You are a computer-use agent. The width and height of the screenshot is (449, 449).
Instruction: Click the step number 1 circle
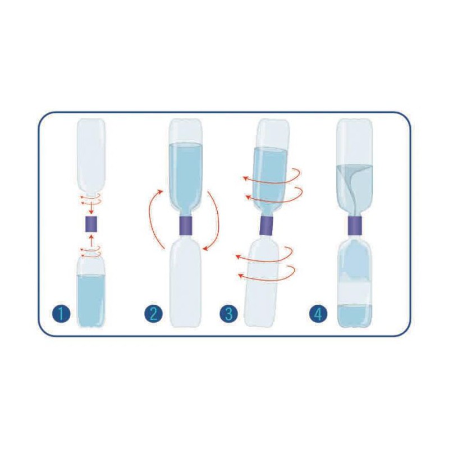tap(61, 314)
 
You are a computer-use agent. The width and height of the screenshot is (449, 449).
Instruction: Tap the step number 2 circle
tap(153, 314)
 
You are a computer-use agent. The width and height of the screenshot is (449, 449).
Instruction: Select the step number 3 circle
tap(229, 314)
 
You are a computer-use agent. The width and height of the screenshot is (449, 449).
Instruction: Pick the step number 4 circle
tap(318, 314)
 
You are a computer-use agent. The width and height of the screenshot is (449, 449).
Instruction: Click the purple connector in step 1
tap(91, 224)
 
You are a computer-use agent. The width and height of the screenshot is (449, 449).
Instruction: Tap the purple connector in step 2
tap(186, 226)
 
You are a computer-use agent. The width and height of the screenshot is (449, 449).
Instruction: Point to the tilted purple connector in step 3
tap(266, 226)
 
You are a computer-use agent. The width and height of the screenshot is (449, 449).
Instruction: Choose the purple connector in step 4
tap(355, 225)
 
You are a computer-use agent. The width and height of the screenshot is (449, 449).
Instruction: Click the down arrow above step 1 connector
tap(91, 208)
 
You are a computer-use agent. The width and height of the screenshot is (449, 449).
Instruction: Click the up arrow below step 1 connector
tap(91, 241)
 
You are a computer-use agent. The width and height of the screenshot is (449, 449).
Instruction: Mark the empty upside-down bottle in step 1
tap(91, 158)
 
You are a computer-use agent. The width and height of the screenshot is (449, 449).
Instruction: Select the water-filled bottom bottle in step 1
tap(91, 292)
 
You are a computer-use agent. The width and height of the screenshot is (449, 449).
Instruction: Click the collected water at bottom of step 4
tap(355, 315)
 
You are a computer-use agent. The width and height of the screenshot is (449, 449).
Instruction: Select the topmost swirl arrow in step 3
tap(272, 176)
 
